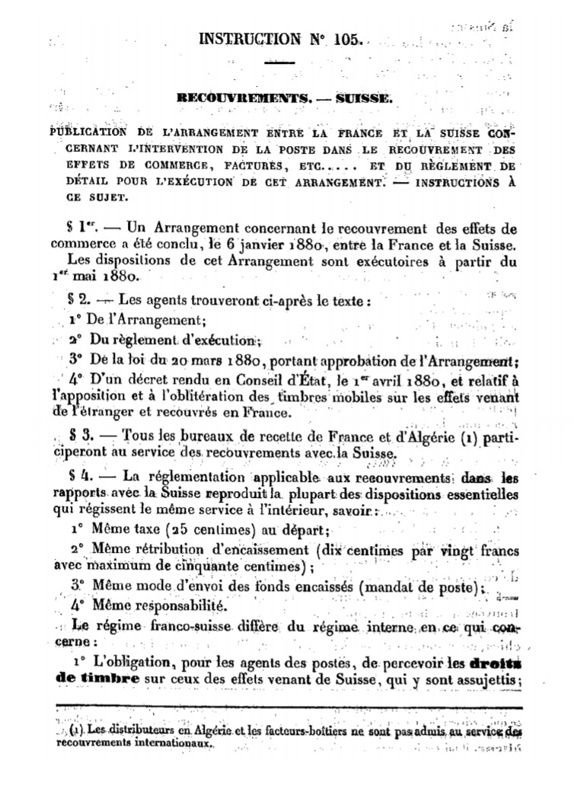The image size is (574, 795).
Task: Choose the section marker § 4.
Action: pyautogui.click(x=79, y=476)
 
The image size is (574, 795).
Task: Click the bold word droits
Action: pyautogui.click(x=492, y=662)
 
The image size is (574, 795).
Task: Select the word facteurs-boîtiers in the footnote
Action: pyautogui.click(x=292, y=730)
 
